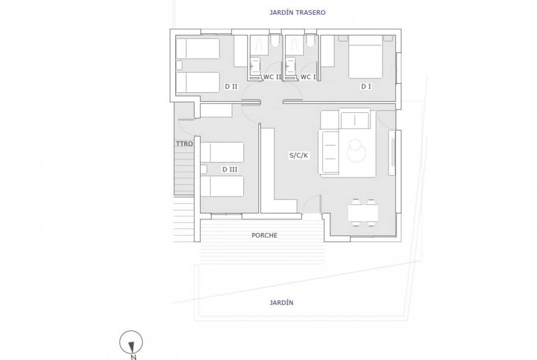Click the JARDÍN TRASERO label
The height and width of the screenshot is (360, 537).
[x=297, y=13]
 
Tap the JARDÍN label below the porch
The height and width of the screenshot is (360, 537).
[x=281, y=303]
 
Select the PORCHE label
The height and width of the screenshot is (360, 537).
[x=264, y=235]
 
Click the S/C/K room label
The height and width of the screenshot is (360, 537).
[x=299, y=155]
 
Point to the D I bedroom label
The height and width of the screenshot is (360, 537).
[x=366, y=87]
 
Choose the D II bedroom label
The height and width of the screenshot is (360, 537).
[x=231, y=87]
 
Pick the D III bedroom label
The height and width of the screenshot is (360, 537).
[x=230, y=169]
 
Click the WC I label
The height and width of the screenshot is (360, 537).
[x=308, y=78]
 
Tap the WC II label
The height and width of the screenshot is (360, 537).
[x=272, y=78]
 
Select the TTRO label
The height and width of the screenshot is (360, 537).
[x=185, y=144]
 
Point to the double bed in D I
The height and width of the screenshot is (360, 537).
[x=365, y=57]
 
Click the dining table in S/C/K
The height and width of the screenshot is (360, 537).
[x=363, y=213]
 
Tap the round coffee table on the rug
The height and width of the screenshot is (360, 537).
[x=356, y=150]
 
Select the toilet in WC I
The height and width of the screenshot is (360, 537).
[x=311, y=41]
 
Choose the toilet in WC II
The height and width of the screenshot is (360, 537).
[x=275, y=41]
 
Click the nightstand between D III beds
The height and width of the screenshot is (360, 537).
[x=204, y=169]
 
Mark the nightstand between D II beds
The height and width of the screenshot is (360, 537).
[x=179, y=66]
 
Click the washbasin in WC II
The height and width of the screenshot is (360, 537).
[x=255, y=66]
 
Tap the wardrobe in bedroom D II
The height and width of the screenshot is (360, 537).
[x=241, y=51]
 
